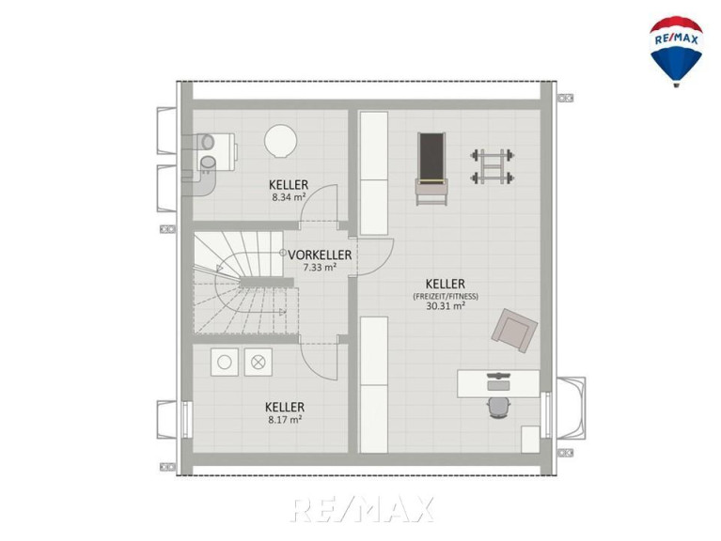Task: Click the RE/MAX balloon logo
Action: (676, 51)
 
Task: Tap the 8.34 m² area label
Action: (289, 198)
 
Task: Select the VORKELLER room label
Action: (320, 255)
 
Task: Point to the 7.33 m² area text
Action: (320, 268)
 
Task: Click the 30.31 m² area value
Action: (446, 306)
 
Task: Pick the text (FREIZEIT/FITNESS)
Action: (446, 296)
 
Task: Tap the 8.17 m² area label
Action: (285, 419)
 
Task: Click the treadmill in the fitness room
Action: (431, 169)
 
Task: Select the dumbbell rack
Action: (493, 166)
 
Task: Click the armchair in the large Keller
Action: (514, 331)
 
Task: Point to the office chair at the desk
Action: (499, 408)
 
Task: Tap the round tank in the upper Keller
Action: (280, 142)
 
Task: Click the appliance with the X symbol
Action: (259, 363)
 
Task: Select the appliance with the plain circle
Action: (225, 363)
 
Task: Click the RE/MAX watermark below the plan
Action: (362, 509)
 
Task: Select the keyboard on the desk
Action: (498, 377)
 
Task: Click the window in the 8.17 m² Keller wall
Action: (186, 419)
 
